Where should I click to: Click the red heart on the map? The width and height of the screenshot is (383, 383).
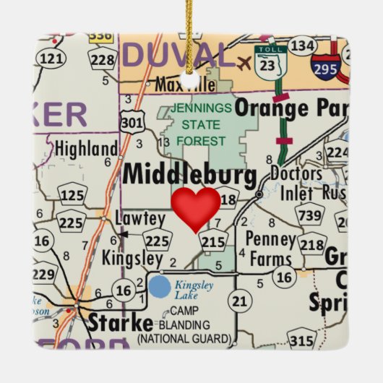pos(196,208)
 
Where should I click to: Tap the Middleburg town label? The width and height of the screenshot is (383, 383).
pos(189,176)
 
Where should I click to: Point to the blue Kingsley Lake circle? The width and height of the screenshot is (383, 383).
pos(160,287)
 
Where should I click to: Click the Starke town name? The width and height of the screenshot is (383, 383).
pos(121,322)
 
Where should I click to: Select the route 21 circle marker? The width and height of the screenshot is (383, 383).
pos(240,300)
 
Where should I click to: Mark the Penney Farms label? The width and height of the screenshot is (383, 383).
pos(271,248)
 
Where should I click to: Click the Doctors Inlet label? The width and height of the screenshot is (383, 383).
pos(296,183)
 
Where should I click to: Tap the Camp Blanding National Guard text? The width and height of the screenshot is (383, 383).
pos(186,325)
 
